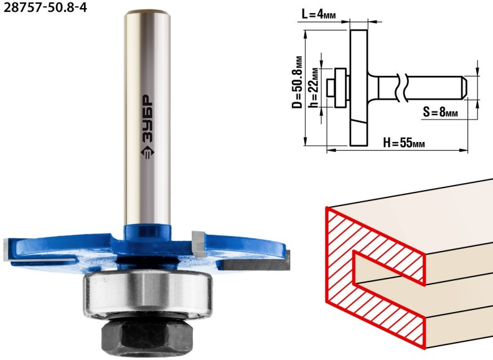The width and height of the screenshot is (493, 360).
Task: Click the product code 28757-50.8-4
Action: [x=45, y=7]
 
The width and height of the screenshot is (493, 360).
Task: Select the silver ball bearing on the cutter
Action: [x=148, y=293]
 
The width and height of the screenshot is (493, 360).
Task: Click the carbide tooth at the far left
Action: [x=7, y=250]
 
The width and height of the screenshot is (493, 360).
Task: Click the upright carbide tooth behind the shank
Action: [x=199, y=243]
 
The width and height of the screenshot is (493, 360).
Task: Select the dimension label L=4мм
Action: [x=319, y=14]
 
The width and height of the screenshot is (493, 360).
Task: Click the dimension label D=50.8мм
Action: [x=297, y=82]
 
